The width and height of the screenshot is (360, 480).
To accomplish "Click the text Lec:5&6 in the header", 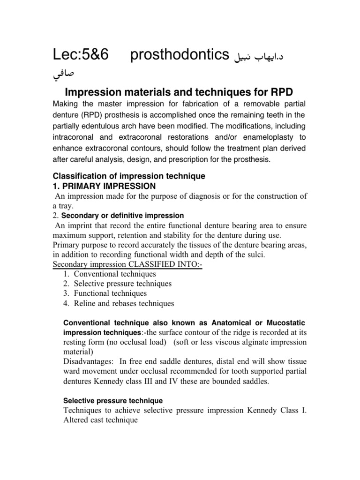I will click(x=81, y=55).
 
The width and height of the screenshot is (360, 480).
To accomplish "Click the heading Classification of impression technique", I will click(x=129, y=176).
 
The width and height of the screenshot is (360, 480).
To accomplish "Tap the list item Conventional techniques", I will click(x=115, y=274).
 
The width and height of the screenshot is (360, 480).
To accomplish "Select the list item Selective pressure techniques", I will click(x=123, y=284).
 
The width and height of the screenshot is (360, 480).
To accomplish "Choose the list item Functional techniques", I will click(x=110, y=293).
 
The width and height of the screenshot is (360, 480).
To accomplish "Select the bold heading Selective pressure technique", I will click(x=113, y=401).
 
